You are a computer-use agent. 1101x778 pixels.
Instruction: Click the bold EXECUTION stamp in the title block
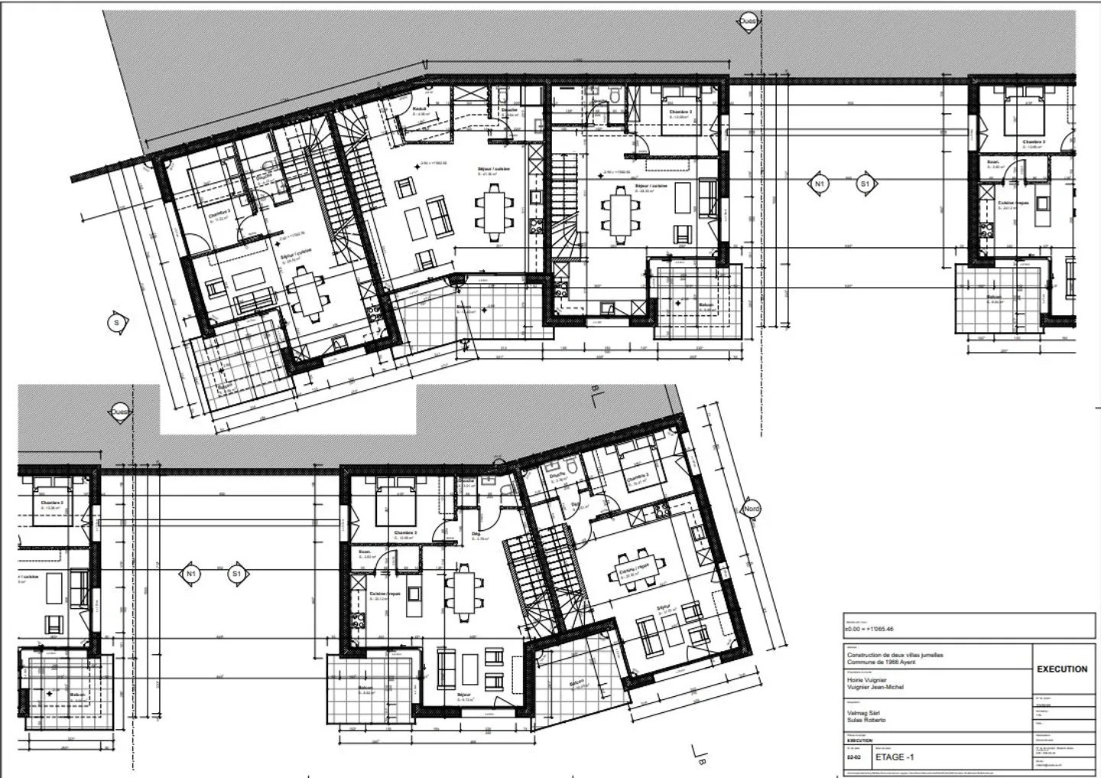(x=1061, y=669)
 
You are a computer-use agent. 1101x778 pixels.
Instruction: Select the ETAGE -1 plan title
(x=897, y=757)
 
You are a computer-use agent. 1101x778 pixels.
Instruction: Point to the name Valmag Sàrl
(x=862, y=712)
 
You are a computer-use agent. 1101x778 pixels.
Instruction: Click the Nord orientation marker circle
(x=752, y=509)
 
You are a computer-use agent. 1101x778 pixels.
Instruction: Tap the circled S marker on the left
(x=116, y=323)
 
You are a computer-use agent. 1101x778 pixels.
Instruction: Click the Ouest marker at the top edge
(x=747, y=22)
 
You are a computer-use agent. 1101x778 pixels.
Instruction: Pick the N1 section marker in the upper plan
(x=820, y=184)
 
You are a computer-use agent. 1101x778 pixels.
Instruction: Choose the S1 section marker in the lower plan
(x=237, y=573)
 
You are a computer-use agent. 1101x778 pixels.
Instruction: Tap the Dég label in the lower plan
(x=475, y=533)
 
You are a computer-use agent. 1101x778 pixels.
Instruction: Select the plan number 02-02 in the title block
(x=853, y=757)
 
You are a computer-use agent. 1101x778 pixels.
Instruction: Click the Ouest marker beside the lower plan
(x=119, y=411)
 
